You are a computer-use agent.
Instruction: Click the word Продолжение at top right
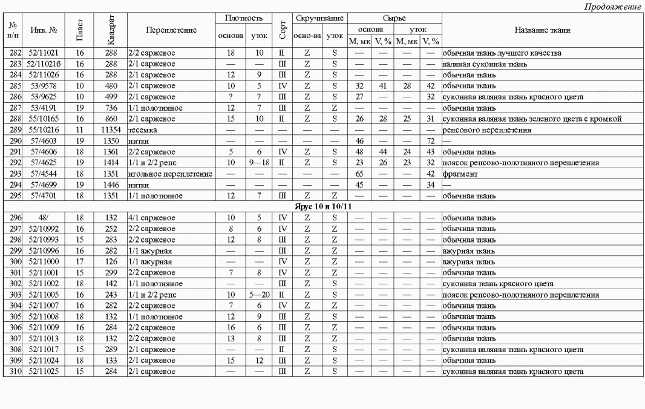point(612,7)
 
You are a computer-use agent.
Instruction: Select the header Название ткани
point(542,30)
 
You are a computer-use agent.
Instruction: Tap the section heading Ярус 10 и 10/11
point(322,206)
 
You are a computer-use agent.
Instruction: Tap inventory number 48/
point(43,217)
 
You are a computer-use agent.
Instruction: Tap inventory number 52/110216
point(44,63)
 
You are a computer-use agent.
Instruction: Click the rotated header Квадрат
point(110,30)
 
